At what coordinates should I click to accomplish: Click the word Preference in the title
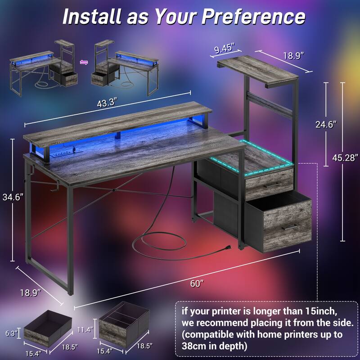(x=252, y=16)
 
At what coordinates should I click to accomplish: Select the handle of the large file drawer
(x=288, y=226)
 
